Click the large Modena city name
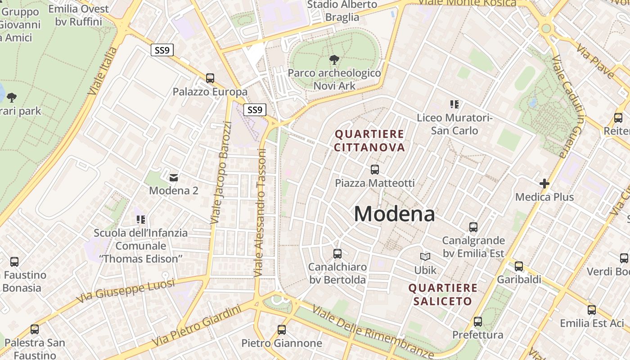click(x=394, y=214)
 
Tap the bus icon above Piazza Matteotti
click(x=375, y=170)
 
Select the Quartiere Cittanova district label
click(x=369, y=140)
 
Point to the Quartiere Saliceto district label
click(x=442, y=294)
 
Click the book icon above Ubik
click(x=425, y=256)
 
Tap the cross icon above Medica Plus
click(x=544, y=184)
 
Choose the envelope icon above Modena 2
click(x=174, y=177)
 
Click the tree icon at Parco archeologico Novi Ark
click(x=334, y=59)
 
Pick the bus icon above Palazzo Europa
click(x=210, y=78)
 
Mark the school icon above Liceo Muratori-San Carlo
click(x=454, y=104)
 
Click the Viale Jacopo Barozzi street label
click(x=221, y=172)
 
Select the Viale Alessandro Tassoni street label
click(x=261, y=212)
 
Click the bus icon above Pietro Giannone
click(x=282, y=330)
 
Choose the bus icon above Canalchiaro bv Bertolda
click(x=337, y=253)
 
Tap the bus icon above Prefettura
click(x=478, y=322)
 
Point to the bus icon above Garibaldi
click(x=519, y=266)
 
